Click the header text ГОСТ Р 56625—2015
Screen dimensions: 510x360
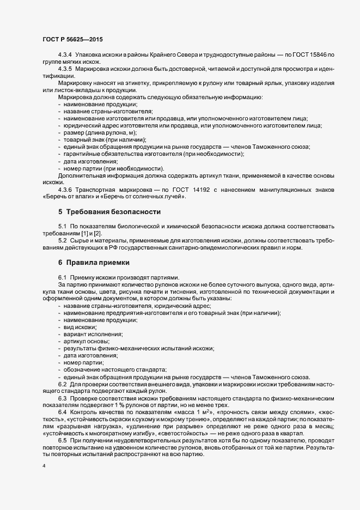[x=72, y=39]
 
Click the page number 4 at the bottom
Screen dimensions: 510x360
[x=43, y=467]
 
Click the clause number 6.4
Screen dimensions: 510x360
[x=62, y=412]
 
